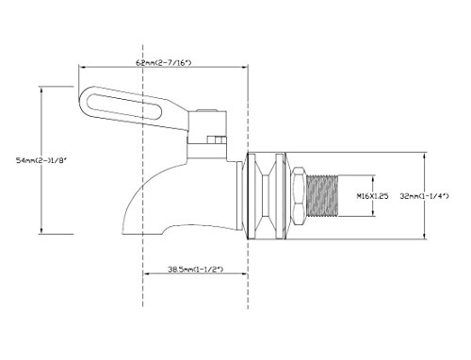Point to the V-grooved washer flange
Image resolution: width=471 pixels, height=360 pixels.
(266, 195)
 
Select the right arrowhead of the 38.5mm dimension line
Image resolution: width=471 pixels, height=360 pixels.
(244, 275)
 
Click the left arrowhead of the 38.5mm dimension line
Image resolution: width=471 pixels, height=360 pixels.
(144, 275)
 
